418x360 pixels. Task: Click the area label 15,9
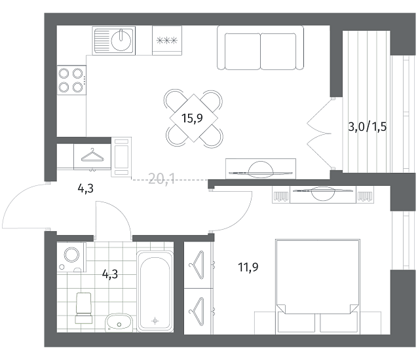point(192,118)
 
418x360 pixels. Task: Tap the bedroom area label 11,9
point(248,267)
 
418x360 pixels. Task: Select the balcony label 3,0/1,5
point(368,127)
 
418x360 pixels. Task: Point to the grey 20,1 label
point(162,179)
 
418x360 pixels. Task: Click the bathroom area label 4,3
point(110,274)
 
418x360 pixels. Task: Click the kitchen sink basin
point(121,41)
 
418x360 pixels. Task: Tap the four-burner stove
point(71,80)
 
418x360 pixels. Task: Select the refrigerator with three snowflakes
point(167,41)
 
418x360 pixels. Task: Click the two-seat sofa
point(260,48)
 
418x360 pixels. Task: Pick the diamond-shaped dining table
point(193,118)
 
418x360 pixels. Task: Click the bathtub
point(155,291)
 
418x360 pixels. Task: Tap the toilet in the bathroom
point(84,308)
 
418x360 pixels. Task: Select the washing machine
point(71,257)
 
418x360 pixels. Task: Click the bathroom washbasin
point(119,323)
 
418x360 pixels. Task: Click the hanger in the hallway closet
point(92,156)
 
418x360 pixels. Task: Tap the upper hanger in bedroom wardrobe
point(198,265)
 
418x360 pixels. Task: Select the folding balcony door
point(319,134)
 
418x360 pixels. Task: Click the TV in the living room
point(260,171)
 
